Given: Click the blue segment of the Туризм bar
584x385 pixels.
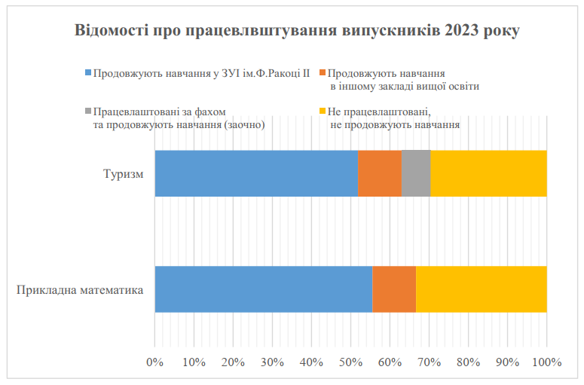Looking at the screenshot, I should [x=256, y=173].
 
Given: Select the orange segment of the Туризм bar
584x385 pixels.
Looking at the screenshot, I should [x=380, y=173].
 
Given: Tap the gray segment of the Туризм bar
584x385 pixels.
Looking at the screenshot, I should [x=416, y=173].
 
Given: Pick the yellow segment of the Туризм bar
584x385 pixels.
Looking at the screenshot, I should [x=488, y=173].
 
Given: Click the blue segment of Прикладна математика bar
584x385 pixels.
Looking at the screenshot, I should [x=264, y=289].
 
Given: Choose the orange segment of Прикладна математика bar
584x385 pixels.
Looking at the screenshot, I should [x=394, y=289].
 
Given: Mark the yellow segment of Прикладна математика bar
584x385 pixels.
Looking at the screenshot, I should [x=481, y=289].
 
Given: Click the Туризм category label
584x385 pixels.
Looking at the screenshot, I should [x=124, y=174].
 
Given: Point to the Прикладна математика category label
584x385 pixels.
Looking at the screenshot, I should [x=80, y=289].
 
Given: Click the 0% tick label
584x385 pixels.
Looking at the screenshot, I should [x=154, y=362].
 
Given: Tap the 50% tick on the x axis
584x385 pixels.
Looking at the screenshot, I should [x=350, y=362].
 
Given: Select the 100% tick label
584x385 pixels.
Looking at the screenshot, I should [x=546, y=362].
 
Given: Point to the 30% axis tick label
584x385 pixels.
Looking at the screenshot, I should [x=272, y=362].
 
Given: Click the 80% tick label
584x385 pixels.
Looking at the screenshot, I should [x=468, y=362].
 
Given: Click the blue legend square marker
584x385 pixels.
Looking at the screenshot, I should [x=88, y=74].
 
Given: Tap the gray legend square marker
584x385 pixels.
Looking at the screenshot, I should [x=88, y=112].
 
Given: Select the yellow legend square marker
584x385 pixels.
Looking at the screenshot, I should [x=323, y=112].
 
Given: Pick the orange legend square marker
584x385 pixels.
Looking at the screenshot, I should [x=323, y=74].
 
